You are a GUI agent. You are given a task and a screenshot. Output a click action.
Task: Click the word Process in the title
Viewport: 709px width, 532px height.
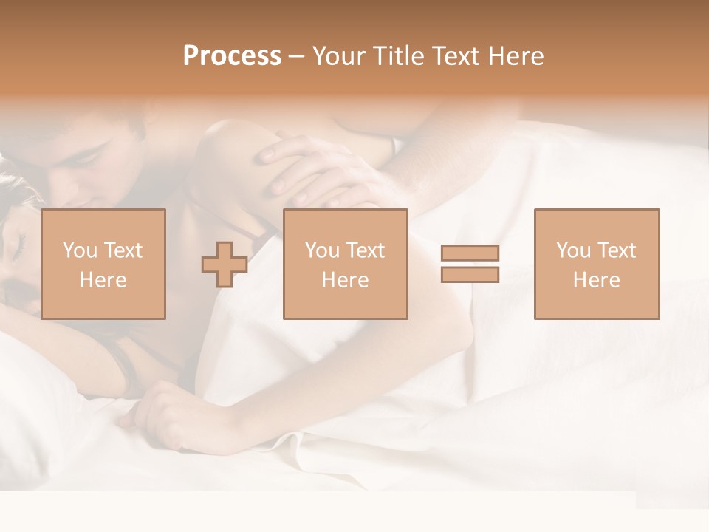pyautogui.click(x=232, y=56)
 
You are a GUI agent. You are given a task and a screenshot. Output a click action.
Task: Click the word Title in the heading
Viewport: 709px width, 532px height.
pyautogui.click(x=398, y=56)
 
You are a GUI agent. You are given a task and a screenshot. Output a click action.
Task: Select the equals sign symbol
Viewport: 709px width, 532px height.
pyautogui.click(x=470, y=264)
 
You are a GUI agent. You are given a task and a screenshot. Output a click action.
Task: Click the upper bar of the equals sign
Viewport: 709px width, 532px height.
pyautogui.click(x=470, y=253)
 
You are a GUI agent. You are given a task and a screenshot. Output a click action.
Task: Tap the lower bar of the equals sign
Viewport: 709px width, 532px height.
pyautogui.click(x=470, y=275)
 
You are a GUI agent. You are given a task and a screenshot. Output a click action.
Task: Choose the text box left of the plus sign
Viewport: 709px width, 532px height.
pyautogui.click(x=103, y=264)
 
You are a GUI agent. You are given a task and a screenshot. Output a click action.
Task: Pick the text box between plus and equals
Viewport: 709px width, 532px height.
pyautogui.click(x=345, y=264)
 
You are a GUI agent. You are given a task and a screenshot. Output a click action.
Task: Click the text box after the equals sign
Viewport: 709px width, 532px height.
pyautogui.click(x=596, y=264)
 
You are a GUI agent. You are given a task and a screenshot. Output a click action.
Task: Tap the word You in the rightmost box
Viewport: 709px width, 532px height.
pyautogui.click(x=573, y=250)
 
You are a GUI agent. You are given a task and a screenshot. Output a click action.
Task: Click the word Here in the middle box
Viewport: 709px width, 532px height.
pyautogui.click(x=345, y=280)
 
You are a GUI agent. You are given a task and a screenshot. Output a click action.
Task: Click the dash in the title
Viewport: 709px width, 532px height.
pyautogui.click(x=297, y=56)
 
